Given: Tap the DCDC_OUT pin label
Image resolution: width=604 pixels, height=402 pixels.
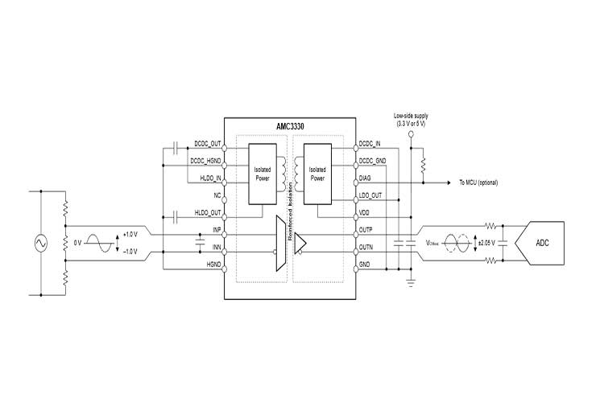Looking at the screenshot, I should (x=208, y=145).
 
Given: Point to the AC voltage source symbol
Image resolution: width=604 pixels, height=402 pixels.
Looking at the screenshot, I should (x=38, y=242).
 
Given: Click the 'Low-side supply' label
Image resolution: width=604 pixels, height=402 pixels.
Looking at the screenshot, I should (x=411, y=117).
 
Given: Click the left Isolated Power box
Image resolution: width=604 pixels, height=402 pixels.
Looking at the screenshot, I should (x=263, y=174).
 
